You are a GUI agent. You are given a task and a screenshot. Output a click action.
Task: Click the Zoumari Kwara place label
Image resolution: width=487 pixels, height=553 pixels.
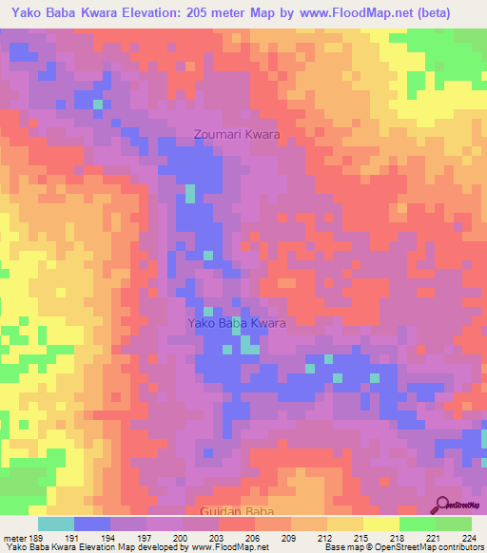click(237, 135)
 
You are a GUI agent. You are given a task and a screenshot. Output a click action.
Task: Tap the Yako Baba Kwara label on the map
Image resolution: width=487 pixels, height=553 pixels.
click(237, 323)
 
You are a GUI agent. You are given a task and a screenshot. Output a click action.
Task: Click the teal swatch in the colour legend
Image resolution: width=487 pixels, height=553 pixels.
click(56, 524)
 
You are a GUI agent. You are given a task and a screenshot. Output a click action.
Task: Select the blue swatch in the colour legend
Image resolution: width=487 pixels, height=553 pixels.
click(92, 524)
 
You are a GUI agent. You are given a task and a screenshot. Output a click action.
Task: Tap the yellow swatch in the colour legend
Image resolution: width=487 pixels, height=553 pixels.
click(380, 524)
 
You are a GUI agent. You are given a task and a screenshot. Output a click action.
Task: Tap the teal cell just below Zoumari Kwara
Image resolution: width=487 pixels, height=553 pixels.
click(189, 194)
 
